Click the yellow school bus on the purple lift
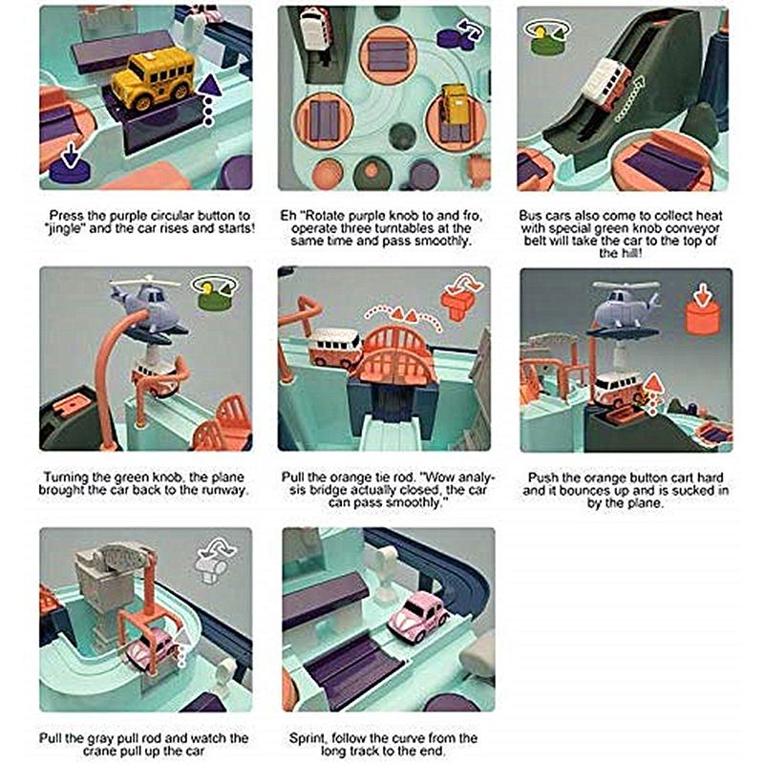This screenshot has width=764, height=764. point(153,78)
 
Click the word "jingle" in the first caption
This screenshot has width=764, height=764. point(64,228)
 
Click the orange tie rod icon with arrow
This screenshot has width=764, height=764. point(460,296)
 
